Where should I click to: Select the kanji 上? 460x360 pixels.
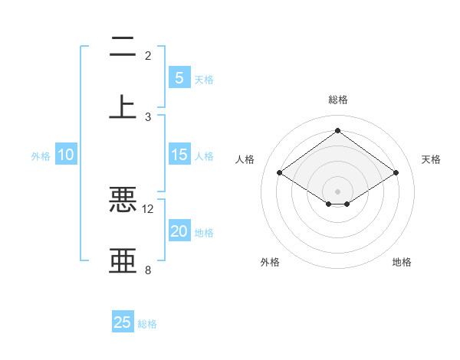123,106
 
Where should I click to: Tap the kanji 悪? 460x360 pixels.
123,198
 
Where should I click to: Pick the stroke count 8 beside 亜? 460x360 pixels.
148,270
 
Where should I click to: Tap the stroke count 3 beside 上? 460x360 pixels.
148,116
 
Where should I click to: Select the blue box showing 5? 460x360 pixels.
179,78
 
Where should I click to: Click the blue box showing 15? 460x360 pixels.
179,155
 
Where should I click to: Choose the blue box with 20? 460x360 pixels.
179,232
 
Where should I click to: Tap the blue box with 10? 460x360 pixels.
66,155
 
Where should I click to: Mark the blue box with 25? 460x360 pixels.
123,322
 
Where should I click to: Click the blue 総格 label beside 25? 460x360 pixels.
147,324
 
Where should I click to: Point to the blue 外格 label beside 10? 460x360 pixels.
41,156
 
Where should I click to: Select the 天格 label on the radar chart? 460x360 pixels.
431,159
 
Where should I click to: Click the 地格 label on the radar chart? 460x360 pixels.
402,262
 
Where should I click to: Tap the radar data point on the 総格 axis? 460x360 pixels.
337,130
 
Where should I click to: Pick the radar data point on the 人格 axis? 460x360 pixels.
279,173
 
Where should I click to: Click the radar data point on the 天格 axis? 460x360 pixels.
396,173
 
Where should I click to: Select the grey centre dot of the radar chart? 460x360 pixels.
337,191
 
